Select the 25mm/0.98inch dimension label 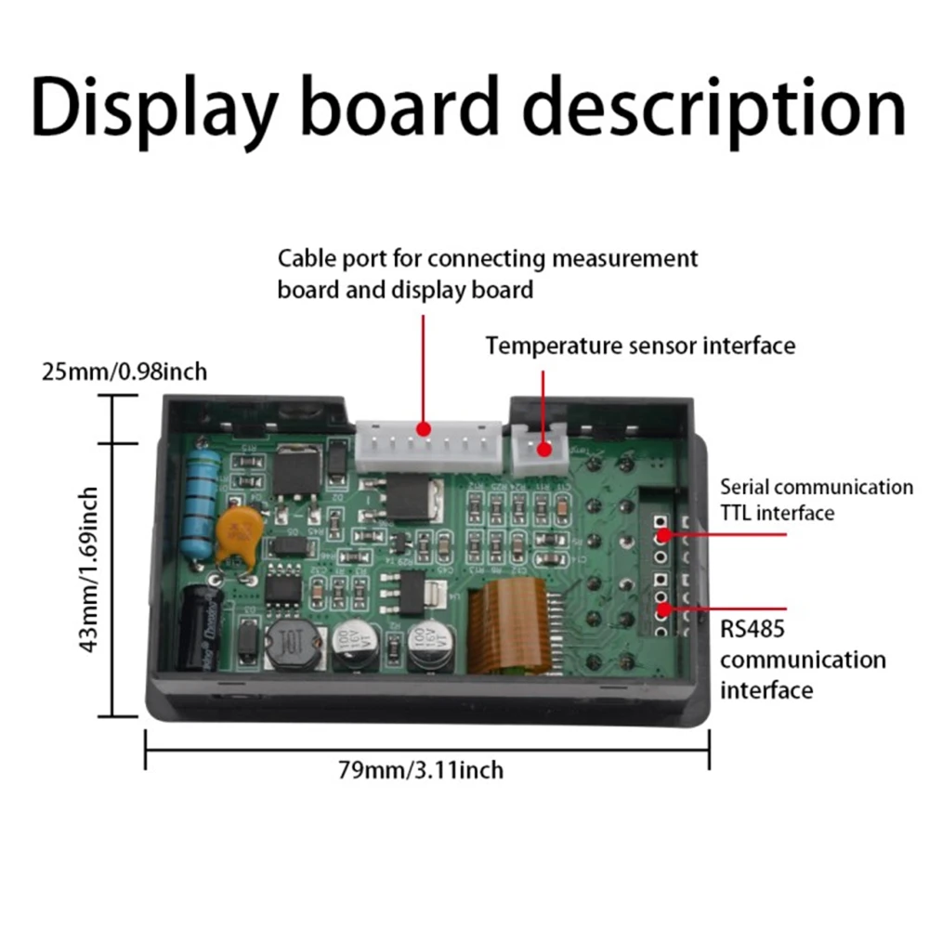124,373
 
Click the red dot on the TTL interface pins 663,535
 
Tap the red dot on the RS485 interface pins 663,610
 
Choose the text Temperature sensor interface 640,347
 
